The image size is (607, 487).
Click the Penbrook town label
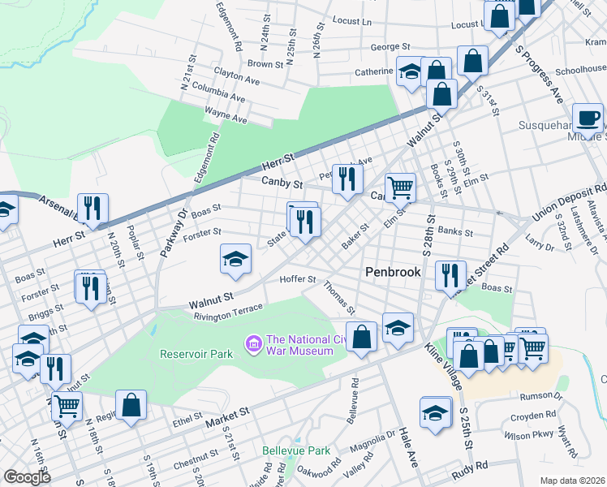[393, 272]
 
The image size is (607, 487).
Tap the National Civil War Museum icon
[254, 345]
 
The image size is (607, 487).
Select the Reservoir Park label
[196, 354]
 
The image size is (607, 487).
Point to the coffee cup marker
[588, 119]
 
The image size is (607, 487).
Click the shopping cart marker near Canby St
[400, 187]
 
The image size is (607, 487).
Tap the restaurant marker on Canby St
[347, 179]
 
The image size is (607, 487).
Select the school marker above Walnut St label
[235, 259]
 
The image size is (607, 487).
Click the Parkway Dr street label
[174, 234]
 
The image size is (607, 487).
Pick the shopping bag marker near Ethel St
[131, 406]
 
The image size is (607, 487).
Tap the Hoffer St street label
[297, 279]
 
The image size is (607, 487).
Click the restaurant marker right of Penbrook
[450, 275]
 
